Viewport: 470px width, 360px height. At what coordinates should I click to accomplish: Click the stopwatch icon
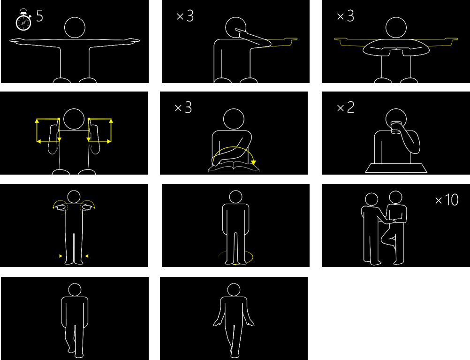click(23, 20)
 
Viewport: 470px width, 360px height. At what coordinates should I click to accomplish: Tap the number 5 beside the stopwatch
click(39, 16)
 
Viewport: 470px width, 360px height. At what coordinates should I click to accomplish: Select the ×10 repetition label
click(447, 200)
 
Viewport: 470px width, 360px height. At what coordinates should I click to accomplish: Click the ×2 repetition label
click(346, 107)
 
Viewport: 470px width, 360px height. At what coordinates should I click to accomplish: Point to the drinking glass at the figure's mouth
click(396, 127)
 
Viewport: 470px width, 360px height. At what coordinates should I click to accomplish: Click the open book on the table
click(234, 167)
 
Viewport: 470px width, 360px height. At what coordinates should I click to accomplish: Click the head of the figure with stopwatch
click(75, 28)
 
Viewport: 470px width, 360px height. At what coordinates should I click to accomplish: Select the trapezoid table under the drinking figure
click(396, 168)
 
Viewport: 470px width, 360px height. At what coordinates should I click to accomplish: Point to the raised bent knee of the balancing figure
click(384, 239)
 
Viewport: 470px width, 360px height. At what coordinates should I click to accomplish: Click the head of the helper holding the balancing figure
click(371, 199)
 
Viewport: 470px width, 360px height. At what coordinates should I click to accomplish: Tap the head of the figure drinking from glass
click(396, 119)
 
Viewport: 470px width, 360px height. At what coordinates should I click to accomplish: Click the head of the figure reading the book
click(234, 119)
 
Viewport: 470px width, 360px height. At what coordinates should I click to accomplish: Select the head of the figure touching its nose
click(235, 28)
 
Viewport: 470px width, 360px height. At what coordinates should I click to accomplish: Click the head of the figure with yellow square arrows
click(74, 119)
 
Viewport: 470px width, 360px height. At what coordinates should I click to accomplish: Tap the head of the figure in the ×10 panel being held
click(396, 197)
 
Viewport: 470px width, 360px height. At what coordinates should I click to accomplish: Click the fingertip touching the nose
click(236, 30)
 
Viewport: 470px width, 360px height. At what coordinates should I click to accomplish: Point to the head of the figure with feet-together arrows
click(74, 197)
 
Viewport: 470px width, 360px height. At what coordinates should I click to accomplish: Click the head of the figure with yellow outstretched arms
click(396, 28)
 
